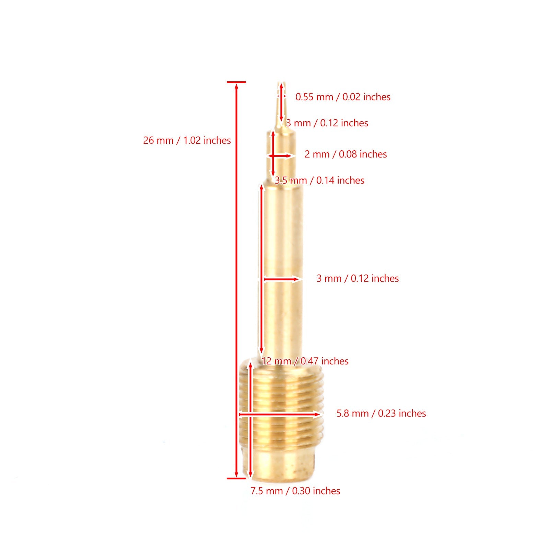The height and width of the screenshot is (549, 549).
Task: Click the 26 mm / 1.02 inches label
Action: [187, 140]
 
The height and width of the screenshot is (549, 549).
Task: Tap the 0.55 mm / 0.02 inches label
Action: [342, 97]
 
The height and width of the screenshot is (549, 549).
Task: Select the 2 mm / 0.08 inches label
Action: [346, 154]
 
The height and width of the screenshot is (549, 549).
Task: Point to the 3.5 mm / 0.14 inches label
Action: [319, 180]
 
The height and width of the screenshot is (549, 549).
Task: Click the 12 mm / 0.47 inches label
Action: [305, 361]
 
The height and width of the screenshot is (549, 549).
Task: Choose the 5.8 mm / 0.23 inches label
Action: [381, 413]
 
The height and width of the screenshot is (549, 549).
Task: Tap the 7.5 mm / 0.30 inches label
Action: [295, 491]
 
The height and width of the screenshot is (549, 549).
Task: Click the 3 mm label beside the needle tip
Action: [327, 123]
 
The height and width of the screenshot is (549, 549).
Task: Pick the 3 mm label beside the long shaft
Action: [357, 278]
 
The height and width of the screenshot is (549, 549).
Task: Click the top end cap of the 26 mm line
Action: [236, 82]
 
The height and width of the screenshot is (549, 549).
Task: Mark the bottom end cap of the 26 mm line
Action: [236, 478]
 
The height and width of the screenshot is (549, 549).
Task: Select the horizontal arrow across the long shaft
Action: [281, 279]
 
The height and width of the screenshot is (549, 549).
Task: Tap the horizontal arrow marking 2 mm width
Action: [280, 156]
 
